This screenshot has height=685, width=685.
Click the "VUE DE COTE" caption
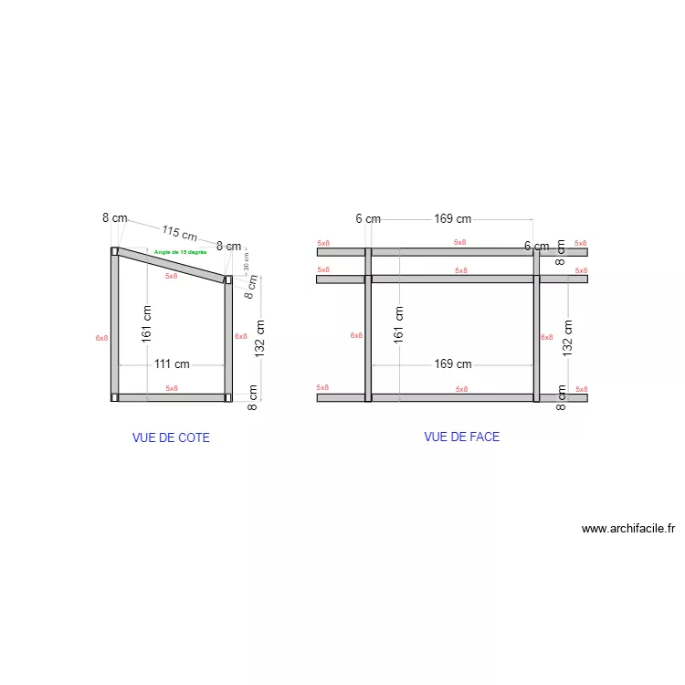(x=171, y=437)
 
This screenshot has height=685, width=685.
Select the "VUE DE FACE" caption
(x=461, y=437)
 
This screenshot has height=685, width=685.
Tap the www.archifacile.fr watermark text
(x=627, y=528)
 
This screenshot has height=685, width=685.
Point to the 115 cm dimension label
(x=180, y=233)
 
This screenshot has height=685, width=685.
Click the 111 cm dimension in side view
(x=172, y=364)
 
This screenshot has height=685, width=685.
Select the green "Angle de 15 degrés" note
(x=180, y=252)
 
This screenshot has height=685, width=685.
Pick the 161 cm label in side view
(x=147, y=323)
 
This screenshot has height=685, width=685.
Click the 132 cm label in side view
(x=259, y=338)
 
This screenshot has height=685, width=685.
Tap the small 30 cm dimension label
(x=246, y=261)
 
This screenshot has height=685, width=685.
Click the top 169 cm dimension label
(x=452, y=218)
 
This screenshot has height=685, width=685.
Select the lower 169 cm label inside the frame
(x=452, y=364)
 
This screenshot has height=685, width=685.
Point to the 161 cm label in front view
(x=398, y=323)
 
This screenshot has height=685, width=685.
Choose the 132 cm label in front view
(x=567, y=338)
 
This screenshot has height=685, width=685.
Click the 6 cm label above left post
(x=368, y=218)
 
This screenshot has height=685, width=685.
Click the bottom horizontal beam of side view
(x=172, y=397)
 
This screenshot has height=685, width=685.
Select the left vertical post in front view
(x=368, y=338)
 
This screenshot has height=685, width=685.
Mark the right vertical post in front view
(x=537, y=338)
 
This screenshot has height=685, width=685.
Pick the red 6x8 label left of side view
(x=101, y=338)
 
